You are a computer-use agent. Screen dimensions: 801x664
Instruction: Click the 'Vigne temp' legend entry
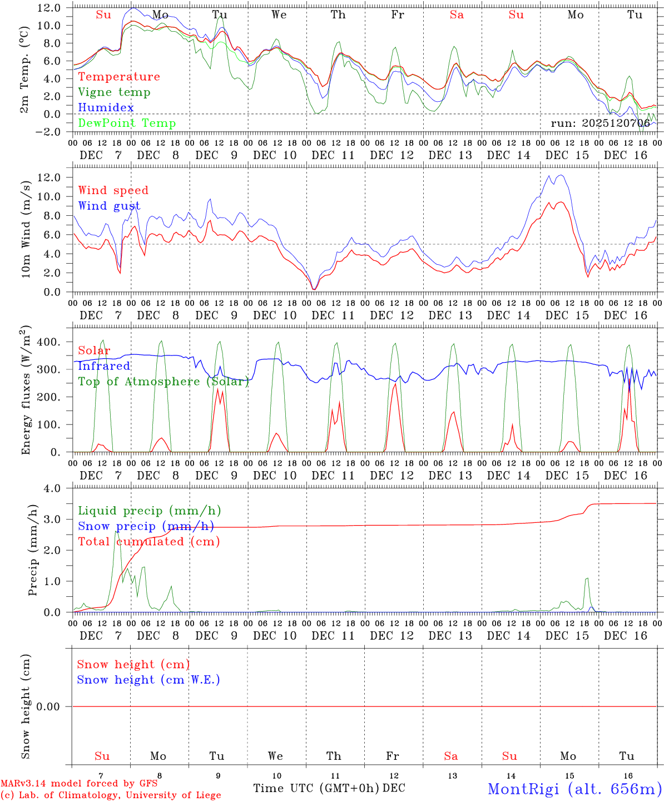coord(114,92)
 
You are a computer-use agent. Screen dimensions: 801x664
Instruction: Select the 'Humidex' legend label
coord(106,107)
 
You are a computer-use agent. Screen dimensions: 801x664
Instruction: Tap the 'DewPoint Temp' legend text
coord(127,123)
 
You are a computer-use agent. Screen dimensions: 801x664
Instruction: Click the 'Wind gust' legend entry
coord(109,206)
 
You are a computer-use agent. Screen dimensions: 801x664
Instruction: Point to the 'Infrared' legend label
coord(104,365)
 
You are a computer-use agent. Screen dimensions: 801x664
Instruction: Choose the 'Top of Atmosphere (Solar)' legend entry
coord(163,381)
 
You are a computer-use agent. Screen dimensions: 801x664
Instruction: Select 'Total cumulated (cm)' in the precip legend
coord(148,541)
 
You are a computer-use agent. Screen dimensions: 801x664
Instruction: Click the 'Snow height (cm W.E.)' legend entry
coord(148,679)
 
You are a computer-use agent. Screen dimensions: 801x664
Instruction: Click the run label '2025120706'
coord(600,123)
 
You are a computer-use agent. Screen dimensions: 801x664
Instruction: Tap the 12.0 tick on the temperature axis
coord(49,8)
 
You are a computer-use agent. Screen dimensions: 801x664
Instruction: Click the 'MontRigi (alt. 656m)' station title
coord(574,788)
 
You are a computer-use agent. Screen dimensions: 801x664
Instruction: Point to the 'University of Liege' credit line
coord(111,795)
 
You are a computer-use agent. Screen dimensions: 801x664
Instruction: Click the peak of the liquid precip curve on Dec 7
coord(116,531)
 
